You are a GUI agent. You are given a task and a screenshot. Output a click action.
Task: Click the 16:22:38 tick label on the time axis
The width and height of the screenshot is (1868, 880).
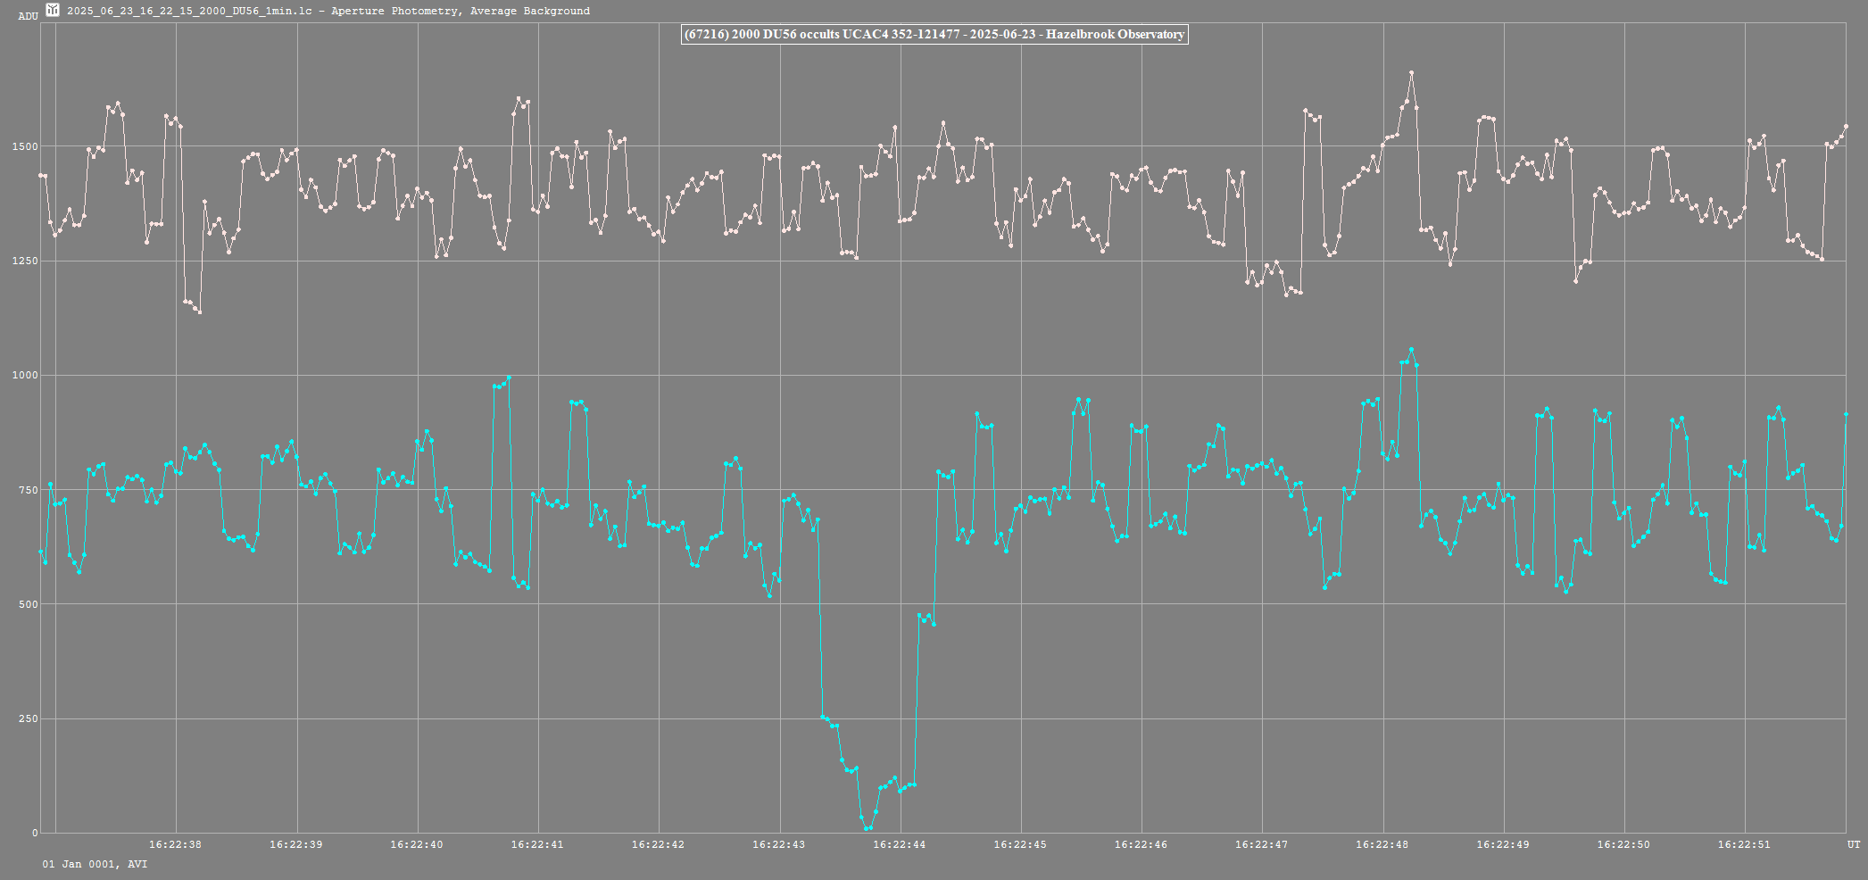pos(175,844)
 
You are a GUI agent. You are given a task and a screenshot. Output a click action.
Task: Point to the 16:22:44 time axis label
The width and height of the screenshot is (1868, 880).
pos(899,844)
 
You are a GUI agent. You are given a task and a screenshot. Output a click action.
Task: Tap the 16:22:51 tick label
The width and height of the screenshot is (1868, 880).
pos(1744,844)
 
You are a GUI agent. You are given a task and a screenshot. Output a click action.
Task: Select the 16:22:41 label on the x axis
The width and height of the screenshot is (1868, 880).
pos(537,844)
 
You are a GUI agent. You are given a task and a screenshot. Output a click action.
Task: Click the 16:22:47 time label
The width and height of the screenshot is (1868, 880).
pos(1261,844)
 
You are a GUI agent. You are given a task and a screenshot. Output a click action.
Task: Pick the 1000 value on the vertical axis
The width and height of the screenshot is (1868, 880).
pos(25,376)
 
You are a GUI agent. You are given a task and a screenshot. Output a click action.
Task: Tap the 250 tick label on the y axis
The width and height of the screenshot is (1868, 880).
pos(29,718)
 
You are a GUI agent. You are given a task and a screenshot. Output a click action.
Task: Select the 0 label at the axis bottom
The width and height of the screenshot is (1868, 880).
pos(36,833)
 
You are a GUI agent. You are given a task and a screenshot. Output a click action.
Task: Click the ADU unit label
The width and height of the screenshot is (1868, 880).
pos(28,16)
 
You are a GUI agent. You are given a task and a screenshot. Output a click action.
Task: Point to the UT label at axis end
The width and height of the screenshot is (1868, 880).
pos(1854,844)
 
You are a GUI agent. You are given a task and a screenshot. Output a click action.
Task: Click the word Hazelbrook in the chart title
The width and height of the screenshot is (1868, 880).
pos(1080,35)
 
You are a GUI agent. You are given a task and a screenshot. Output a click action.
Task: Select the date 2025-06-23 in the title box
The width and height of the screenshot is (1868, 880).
pos(1003,35)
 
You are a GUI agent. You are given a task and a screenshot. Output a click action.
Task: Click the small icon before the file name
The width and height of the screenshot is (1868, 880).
pos(53,10)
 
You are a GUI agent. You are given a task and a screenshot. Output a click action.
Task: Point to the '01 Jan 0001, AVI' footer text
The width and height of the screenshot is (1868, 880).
pos(95,864)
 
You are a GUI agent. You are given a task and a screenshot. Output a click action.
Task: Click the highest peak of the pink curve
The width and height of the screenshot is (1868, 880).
pos(1411,72)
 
